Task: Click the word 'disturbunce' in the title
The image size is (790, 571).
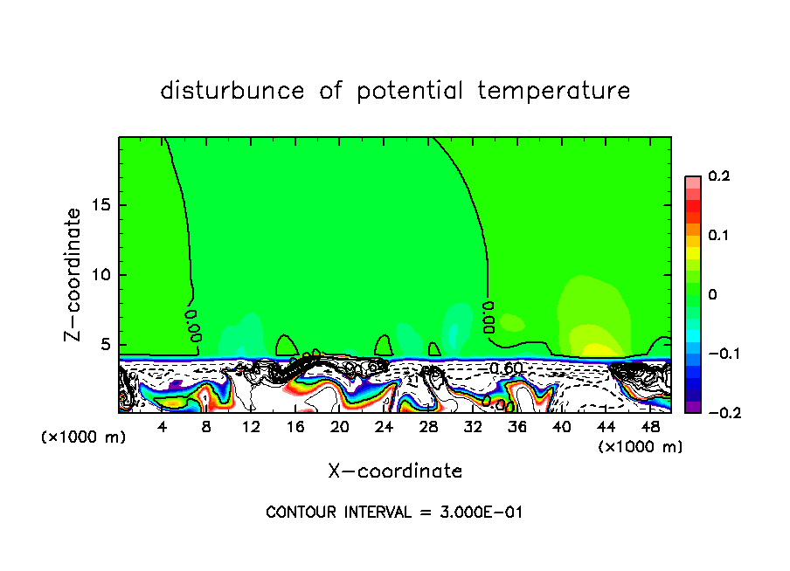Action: pos(232,91)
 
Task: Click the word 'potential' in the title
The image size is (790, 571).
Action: pos(407,91)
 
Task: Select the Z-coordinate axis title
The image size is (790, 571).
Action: pos(73,275)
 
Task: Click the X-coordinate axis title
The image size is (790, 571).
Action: pos(395,471)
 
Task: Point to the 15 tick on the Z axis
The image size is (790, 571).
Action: pos(104,205)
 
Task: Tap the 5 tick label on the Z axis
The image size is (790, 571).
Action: pos(107,345)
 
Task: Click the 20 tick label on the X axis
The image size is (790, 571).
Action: pos(339,427)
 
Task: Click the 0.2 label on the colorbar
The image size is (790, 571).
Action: pos(718,176)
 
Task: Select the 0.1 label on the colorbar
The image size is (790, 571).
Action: pos(718,236)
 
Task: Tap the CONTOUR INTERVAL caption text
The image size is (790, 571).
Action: pos(394,513)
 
